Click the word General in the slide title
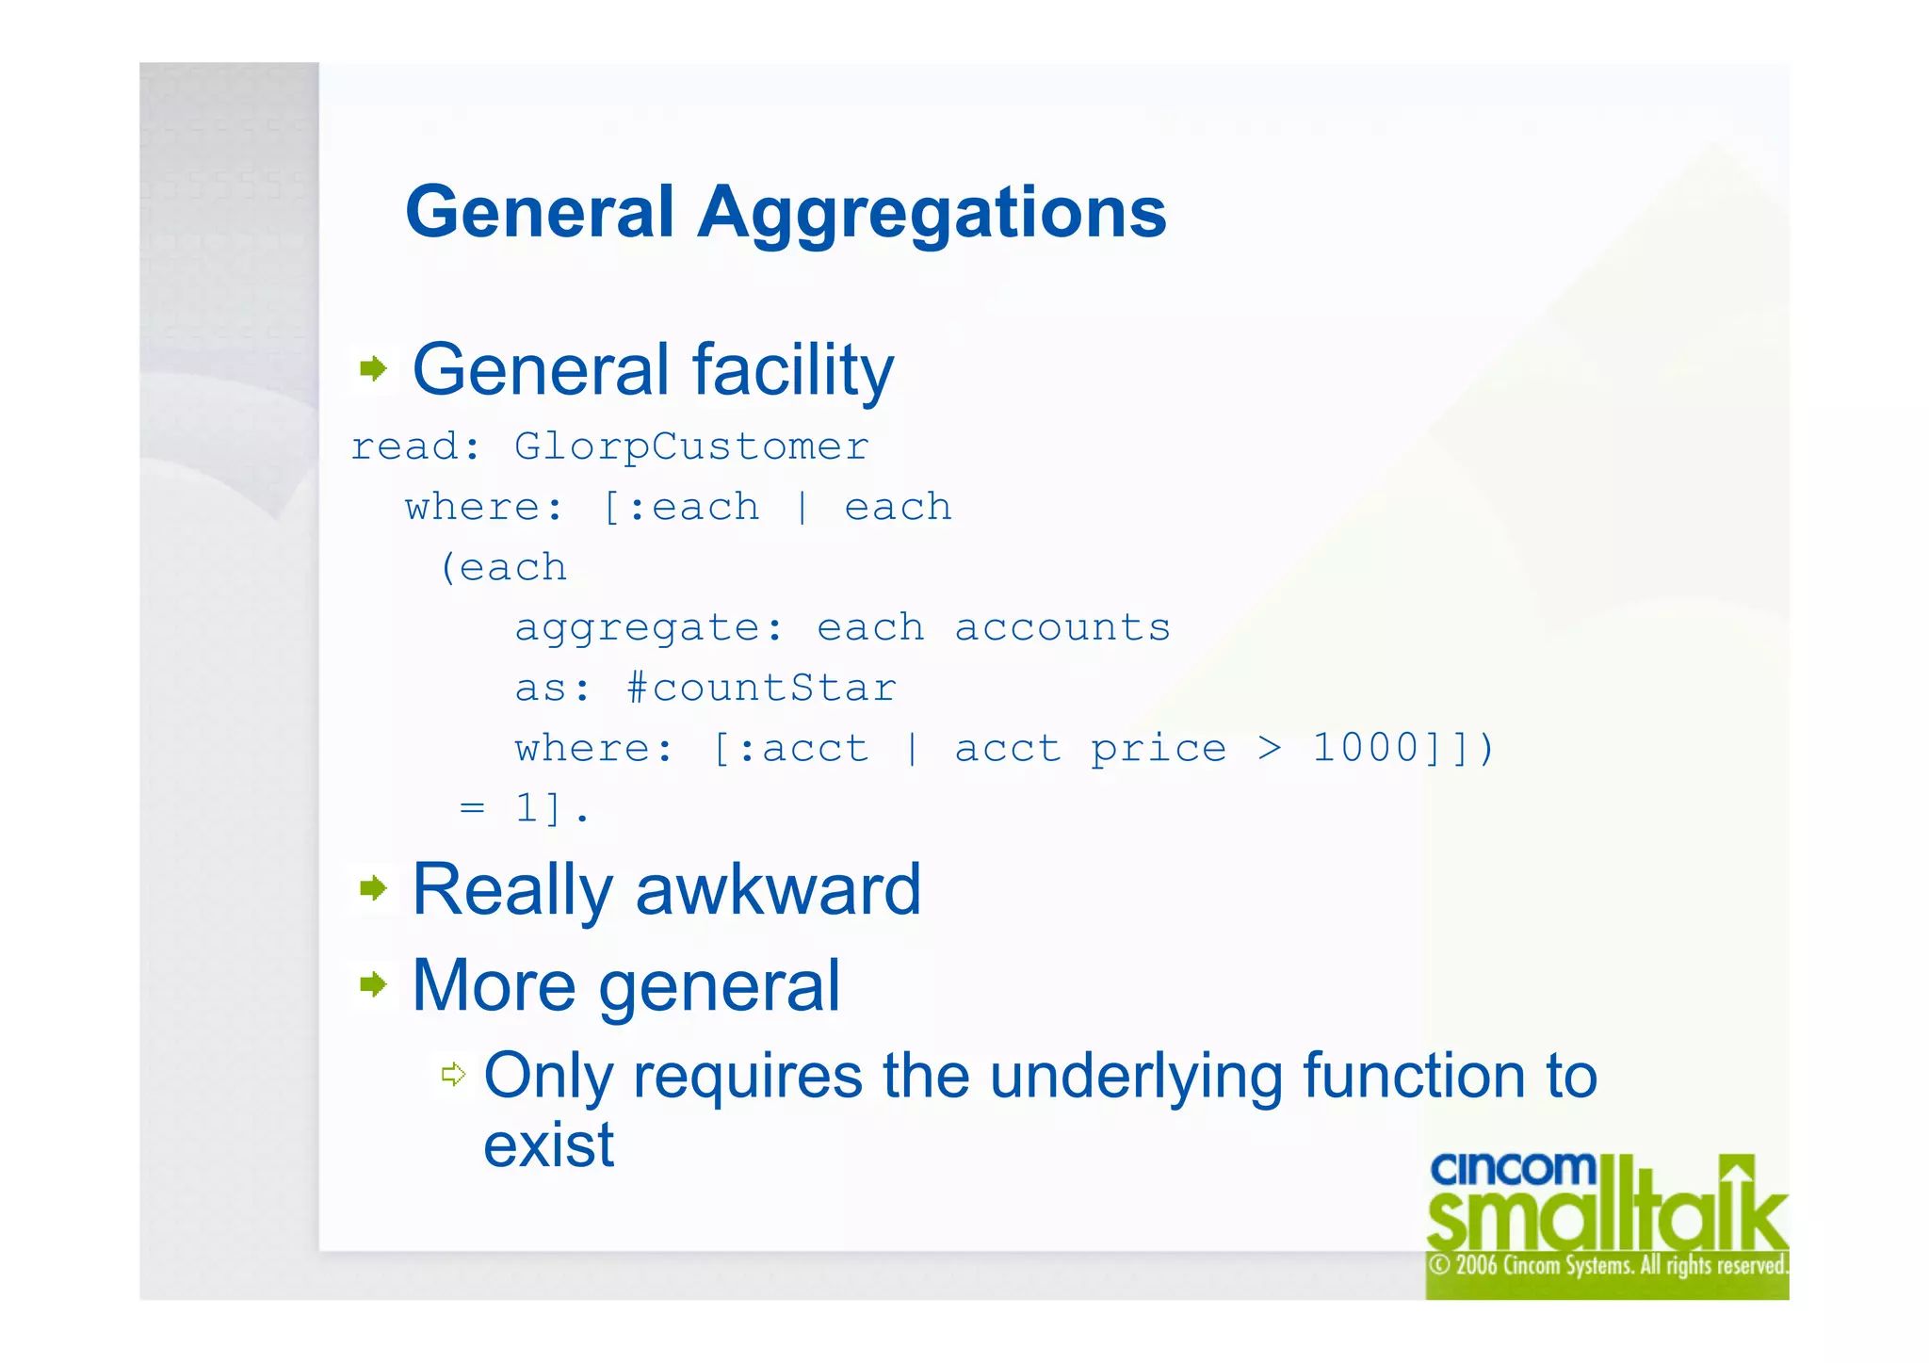tap(540, 212)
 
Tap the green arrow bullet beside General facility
tap(373, 368)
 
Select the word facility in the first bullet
tap(792, 370)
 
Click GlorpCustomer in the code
tap(691, 446)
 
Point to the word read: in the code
tap(415, 446)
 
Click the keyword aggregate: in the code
tap(649, 628)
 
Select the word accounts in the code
tap(1062, 627)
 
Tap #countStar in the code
tap(761, 688)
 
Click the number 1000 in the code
tap(1366, 748)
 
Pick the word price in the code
tap(1159, 749)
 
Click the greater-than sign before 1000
tap(1270, 749)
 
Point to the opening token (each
tap(503, 568)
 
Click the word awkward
tap(778, 889)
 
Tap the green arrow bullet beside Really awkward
tap(373, 887)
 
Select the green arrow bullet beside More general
tap(373, 985)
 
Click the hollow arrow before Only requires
tap(454, 1074)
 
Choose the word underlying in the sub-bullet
tap(1136, 1077)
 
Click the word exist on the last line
tap(548, 1145)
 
